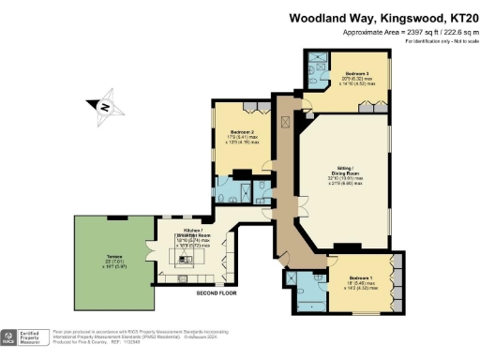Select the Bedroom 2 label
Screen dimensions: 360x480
click(239, 132)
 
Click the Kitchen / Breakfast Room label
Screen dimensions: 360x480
click(192, 232)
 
